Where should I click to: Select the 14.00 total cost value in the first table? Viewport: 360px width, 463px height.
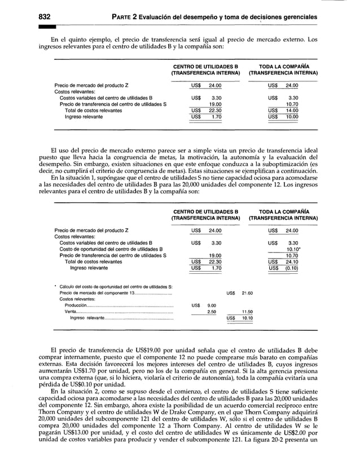pos(292,111)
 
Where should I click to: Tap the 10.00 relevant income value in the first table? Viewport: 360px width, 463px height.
pos(292,117)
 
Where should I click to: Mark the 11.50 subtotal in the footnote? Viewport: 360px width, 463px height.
pos(247,312)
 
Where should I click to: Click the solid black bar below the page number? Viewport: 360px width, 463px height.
pos(47,27)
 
